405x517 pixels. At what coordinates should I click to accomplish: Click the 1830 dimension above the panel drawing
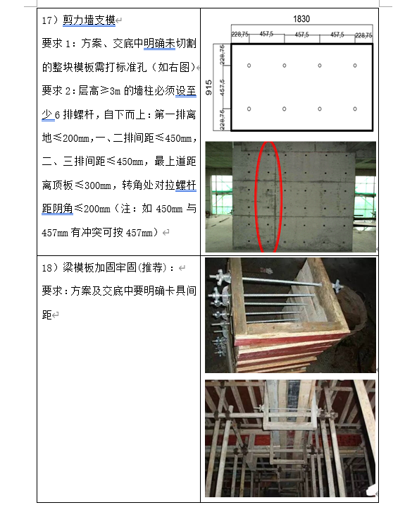301,19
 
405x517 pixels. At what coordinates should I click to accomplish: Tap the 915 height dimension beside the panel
208,87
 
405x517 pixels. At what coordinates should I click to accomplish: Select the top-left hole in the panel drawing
249,66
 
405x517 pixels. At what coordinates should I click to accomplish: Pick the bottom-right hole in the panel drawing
355,109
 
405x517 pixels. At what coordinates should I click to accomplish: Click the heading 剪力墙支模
89,20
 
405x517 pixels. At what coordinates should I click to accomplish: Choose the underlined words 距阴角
57,209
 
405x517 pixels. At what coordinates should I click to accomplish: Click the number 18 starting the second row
46,268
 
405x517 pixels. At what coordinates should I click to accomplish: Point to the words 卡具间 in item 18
181,291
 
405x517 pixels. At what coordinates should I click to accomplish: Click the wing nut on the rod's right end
338,285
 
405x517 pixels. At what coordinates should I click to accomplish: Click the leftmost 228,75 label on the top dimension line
240,34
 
